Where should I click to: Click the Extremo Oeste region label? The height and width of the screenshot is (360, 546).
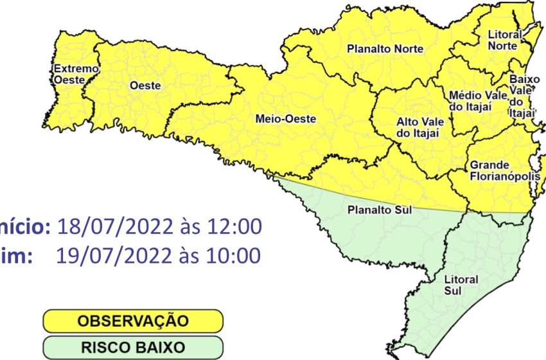(67, 75)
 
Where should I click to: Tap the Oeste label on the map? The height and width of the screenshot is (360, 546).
(145, 85)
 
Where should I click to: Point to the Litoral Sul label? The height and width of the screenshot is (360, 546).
(461, 285)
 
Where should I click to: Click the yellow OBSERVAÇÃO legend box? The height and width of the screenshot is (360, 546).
(133, 320)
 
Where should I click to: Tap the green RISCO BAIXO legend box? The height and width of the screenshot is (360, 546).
(133, 346)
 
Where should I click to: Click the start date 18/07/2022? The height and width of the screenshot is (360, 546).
(115, 226)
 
